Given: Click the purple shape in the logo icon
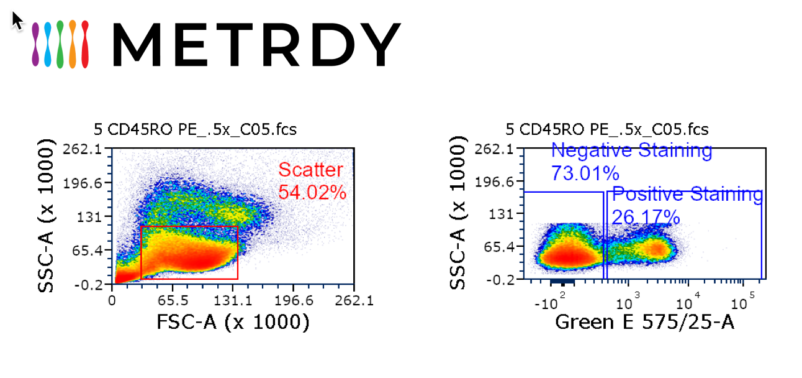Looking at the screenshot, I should (36, 44).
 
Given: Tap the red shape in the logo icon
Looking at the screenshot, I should (84, 44).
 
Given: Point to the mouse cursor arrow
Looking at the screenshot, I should (17, 20).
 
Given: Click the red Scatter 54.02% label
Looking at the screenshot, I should (311, 180).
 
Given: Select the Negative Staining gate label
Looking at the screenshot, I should (631, 150).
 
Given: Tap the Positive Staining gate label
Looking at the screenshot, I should (687, 195).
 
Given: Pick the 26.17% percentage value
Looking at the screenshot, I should (646, 217).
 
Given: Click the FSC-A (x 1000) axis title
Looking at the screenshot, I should (233, 322).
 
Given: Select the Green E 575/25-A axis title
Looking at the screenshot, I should (644, 322).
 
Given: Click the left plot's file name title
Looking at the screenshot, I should (195, 129).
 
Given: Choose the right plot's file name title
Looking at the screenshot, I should (607, 129).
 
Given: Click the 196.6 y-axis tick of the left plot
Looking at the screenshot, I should (89, 183).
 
